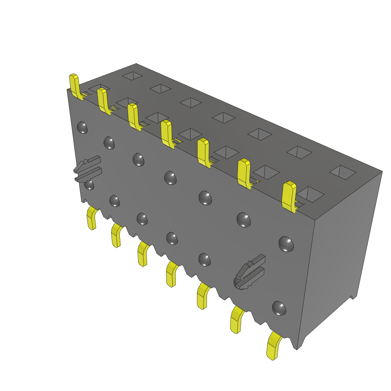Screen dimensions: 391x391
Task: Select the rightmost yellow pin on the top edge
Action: [x=289, y=196]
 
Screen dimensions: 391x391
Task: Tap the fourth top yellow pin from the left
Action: [x=166, y=132]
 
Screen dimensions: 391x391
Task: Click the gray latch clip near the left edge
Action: [x=88, y=170]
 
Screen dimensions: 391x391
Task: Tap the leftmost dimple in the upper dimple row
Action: [x=82, y=128]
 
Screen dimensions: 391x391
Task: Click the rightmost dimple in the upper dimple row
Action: [x=286, y=244]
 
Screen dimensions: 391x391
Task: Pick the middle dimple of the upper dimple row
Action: [x=170, y=178]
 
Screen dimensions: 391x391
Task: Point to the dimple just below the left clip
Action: [x=89, y=185]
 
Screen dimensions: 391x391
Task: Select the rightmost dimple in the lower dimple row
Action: [x=279, y=308]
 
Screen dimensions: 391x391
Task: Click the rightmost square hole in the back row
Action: [x=343, y=172]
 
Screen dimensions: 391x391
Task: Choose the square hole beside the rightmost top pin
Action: [x=310, y=194]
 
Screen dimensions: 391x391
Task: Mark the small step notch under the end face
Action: [x=354, y=297]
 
